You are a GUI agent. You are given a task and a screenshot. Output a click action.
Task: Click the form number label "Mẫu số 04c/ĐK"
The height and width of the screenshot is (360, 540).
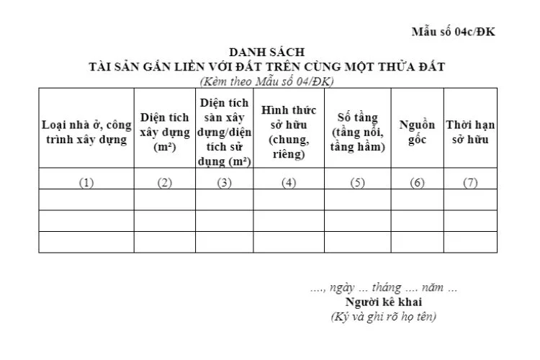click(453, 32)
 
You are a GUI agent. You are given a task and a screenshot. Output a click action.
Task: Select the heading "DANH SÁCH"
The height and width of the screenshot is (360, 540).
click(266, 53)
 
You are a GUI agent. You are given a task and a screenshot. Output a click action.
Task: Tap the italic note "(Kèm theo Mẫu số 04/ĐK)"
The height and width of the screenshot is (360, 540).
click(266, 81)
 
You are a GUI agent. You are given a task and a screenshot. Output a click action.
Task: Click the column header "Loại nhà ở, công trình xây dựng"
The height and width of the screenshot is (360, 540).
click(86, 132)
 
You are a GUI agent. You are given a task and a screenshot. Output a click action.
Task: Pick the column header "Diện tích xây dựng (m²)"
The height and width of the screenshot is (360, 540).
click(165, 132)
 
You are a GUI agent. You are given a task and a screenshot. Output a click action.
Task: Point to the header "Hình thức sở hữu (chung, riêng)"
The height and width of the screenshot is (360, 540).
click(289, 131)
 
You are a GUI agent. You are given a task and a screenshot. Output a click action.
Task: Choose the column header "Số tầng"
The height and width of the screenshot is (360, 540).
click(358, 132)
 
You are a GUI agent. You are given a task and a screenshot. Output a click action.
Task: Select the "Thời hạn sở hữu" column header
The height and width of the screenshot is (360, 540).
click(470, 132)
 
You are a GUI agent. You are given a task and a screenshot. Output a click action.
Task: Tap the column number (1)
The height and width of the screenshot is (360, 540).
click(86, 182)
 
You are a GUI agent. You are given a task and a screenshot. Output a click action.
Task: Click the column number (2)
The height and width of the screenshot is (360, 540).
click(165, 182)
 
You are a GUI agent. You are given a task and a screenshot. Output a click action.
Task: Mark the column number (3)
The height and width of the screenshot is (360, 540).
click(224, 182)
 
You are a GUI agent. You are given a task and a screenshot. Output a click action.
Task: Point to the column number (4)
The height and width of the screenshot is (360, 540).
click(289, 182)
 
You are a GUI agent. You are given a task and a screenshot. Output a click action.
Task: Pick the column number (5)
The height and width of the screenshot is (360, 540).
click(358, 182)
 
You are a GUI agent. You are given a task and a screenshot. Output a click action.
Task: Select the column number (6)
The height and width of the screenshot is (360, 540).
click(418, 182)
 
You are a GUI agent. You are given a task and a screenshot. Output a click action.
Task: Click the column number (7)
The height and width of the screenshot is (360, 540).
click(470, 182)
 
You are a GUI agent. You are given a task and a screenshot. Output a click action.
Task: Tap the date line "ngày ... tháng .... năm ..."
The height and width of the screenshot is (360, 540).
click(383, 288)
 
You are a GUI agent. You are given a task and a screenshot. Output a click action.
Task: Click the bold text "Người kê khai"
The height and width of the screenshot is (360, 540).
click(383, 302)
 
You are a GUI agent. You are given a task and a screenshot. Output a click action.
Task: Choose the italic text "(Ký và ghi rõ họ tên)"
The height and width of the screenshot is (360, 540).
click(383, 316)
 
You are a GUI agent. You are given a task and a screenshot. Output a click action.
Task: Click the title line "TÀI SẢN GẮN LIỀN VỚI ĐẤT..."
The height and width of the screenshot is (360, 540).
click(266, 67)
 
